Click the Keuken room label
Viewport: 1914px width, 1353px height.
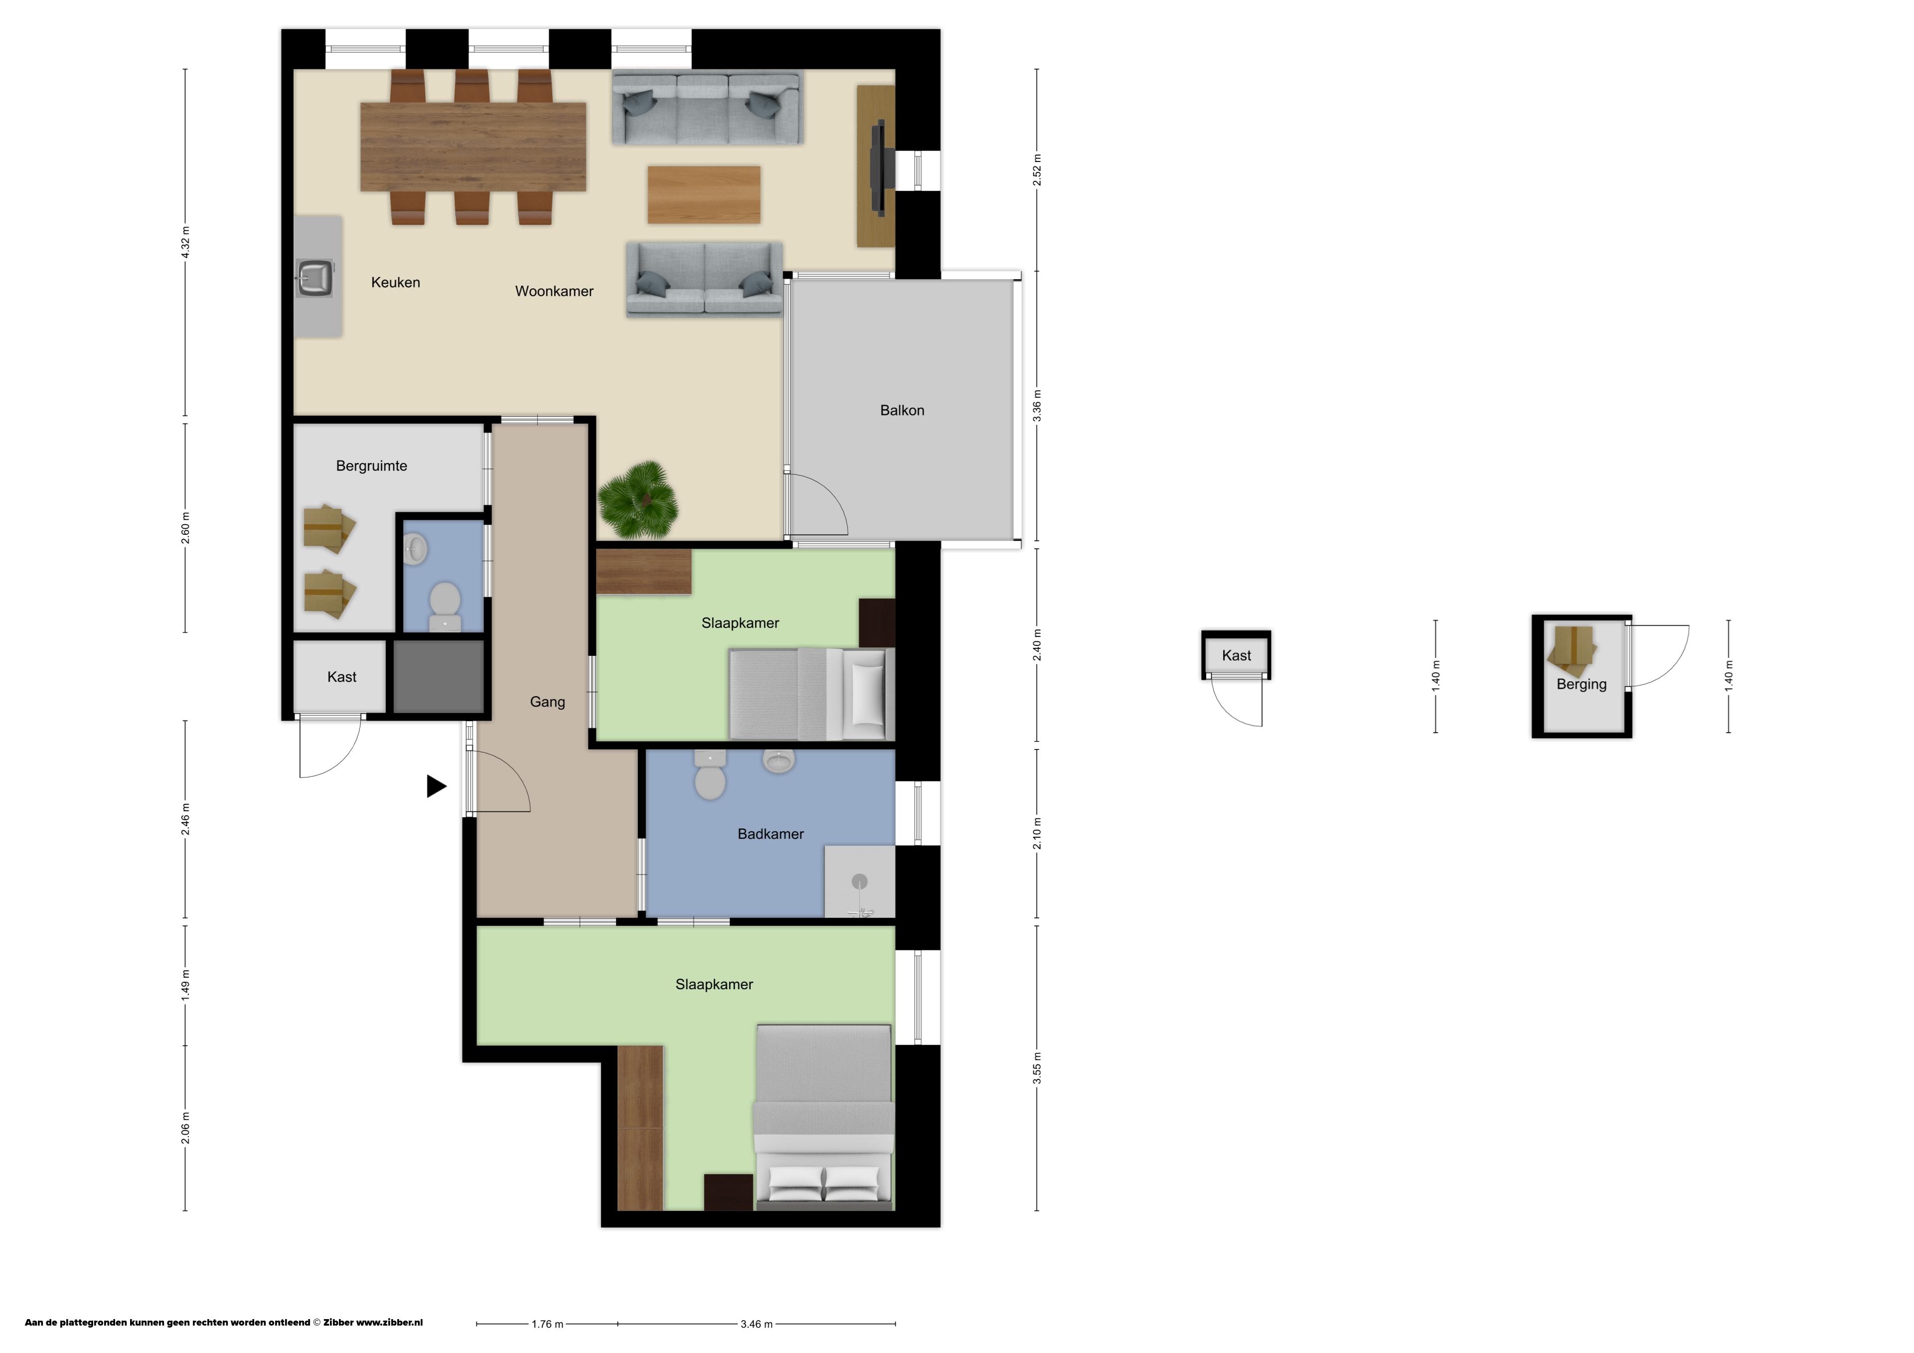coord(395,283)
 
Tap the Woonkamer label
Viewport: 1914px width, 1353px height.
coord(554,291)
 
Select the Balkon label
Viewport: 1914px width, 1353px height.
coord(902,410)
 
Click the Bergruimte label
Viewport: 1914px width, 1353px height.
coord(372,466)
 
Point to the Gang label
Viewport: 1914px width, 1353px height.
coord(548,702)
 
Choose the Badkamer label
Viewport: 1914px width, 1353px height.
coord(771,834)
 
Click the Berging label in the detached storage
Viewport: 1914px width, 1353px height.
coord(1582,684)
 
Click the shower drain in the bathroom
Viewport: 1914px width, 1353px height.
coord(859,881)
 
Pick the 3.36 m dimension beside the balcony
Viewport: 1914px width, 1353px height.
coord(1038,406)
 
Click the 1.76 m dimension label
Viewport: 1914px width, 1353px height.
coord(548,1323)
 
